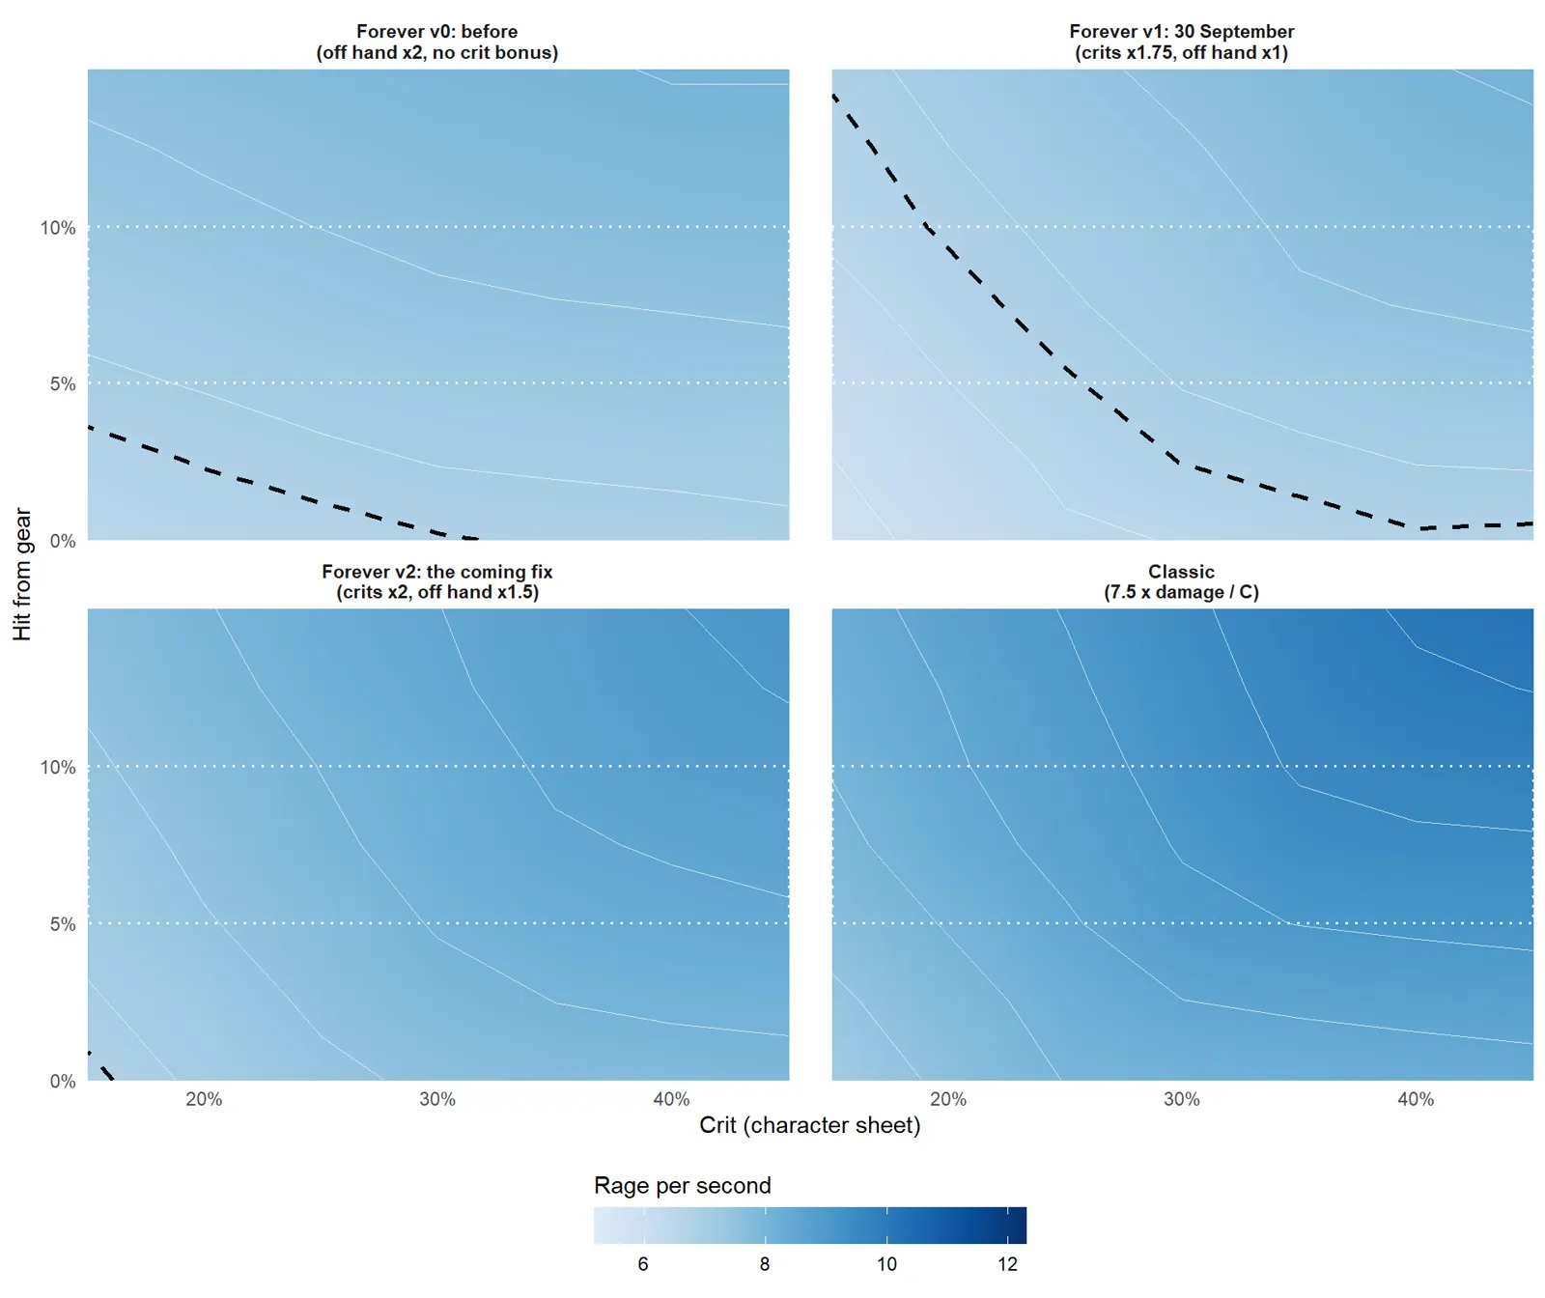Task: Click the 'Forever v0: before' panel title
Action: [437, 31]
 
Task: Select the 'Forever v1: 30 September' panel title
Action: [1182, 31]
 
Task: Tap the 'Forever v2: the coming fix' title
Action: [437, 572]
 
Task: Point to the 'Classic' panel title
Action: [1182, 572]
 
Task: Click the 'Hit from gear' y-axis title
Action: [22, 575]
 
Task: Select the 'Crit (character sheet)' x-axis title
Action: [810, 1125]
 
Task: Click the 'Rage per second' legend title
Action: [683, 1185]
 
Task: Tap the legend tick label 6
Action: [643, 1264]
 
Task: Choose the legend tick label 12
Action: [1007, 1264]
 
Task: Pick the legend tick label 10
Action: [886, 1264]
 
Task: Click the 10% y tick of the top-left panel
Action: [58, 228]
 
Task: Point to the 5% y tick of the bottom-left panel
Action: [63, 924]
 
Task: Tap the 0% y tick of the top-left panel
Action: [63, 541]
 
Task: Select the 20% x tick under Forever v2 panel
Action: [204, 1099]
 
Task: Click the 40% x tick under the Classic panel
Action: [1416, 1099]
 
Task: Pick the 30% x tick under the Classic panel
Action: [1182, 1099]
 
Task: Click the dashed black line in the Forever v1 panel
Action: [1067, 369]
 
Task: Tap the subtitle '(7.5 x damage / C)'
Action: [1182, 592]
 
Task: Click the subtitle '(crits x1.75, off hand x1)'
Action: [1182, 52]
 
